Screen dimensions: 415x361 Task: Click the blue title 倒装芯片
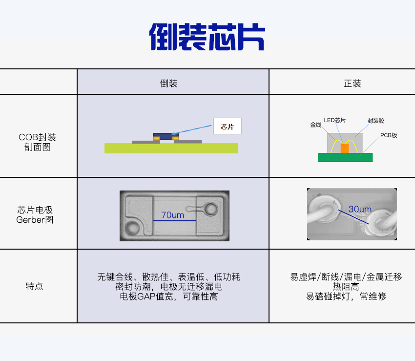pos(207,37)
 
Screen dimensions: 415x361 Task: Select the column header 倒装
pos(168,84)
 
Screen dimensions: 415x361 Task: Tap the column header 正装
pos(353,84)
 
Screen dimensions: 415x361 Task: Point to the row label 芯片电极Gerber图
pos(35,215)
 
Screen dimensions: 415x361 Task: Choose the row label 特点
pos(34,286)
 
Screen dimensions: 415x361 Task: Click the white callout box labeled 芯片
pos(227,126)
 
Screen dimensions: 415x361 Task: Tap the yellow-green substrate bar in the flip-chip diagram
pos(171,149)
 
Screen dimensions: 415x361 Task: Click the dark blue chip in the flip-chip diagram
pos(166,136)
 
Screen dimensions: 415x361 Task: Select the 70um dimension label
pos(172,215)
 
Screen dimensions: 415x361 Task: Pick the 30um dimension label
pos(360,209)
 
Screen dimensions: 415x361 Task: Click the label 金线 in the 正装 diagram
pos(316,125)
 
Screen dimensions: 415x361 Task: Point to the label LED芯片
pos(335,120)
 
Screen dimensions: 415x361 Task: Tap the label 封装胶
pos(376,121)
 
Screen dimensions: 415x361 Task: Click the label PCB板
pos(389,135)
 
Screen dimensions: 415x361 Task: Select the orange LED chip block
pos(345,149)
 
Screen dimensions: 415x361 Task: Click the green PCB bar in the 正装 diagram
pos(345,157)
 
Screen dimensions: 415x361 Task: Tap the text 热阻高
pos(346,287)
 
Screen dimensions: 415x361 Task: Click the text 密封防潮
pos(133,287)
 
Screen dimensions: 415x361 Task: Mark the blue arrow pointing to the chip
pos(191,130)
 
